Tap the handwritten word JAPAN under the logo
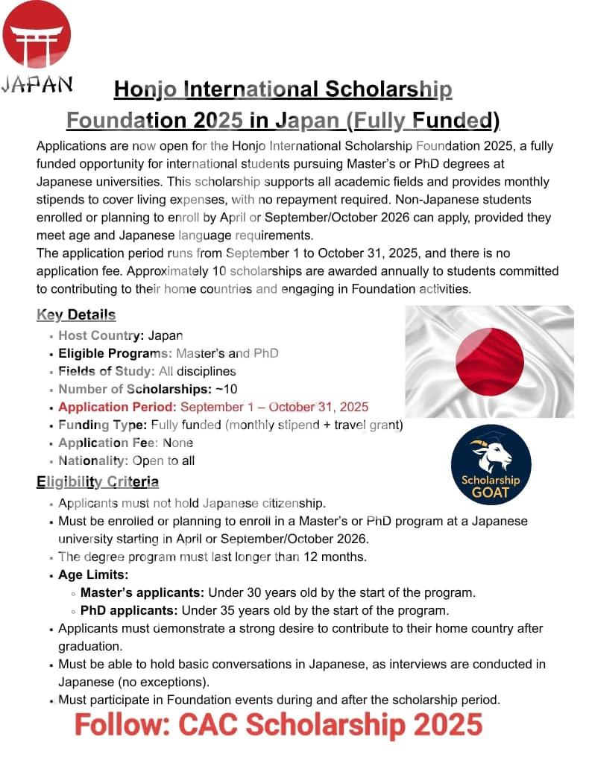point(37,83)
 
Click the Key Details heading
point(76,315)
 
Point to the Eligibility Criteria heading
point(98,482)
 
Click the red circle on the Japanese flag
point(489,363)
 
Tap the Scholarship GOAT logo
point(491,465)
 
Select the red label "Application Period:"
point(117,407)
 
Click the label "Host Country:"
point(101,335)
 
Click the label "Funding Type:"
point(103,425)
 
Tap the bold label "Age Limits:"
point(93,574)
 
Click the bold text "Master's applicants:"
point(142,593)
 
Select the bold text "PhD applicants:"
point(129,611)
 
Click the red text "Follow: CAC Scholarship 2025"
point(278,724)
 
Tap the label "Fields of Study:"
point(107,371)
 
